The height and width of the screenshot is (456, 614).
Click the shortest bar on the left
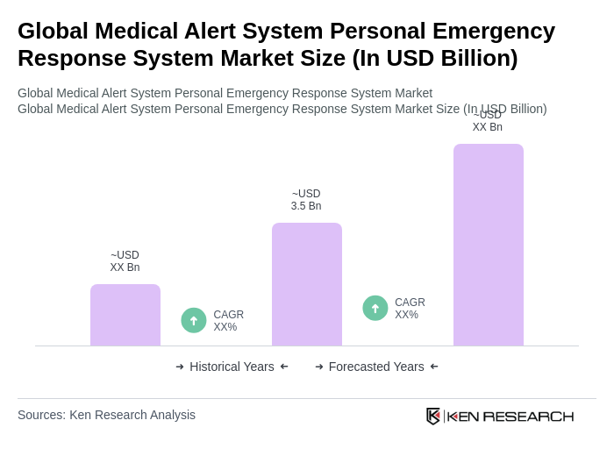(125, 315)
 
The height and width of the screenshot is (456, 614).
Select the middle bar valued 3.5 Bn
(307, 284)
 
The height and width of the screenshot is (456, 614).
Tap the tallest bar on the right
(489, 245)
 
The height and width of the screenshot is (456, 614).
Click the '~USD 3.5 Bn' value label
(306, 200)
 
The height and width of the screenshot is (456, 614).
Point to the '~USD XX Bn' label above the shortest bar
(125, 261)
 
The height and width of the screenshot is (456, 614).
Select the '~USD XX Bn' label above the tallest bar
(488, 122)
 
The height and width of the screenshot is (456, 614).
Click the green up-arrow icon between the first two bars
(194, 320)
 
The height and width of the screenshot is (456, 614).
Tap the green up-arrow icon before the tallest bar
(375, 308)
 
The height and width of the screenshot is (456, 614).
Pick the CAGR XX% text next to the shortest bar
(228, 321)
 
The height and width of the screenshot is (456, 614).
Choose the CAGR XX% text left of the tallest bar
(410, 309)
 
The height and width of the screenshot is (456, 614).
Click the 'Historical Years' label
(232, 367)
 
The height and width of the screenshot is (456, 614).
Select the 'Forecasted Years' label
(376, 367)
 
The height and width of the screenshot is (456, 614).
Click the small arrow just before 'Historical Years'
(180, 367)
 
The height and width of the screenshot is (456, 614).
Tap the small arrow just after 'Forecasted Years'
(434, 367)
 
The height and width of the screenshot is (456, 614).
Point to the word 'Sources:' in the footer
(41, 415)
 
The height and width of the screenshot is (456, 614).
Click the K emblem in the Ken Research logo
(433, 416)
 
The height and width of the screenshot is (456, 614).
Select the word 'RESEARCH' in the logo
(528, 416)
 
